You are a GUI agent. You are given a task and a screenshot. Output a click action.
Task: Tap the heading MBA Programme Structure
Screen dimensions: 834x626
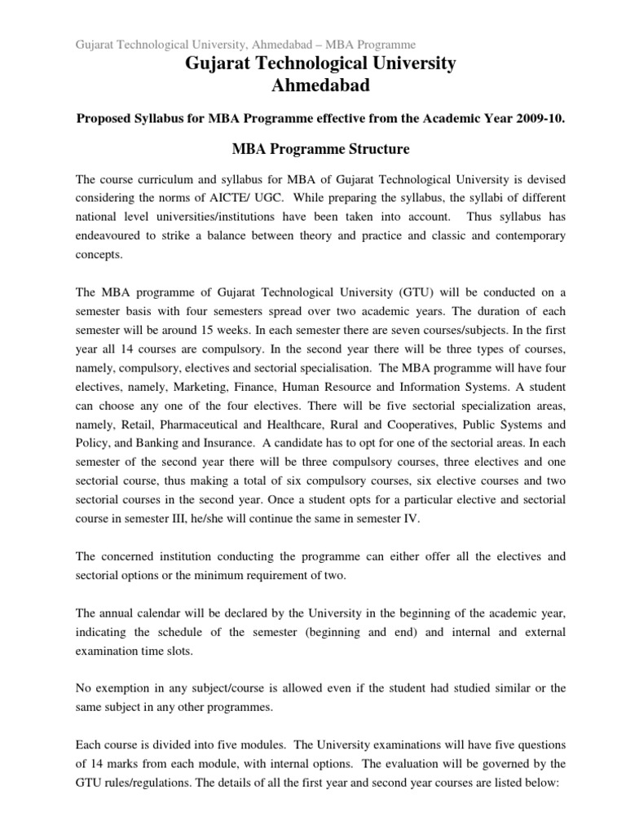314,149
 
